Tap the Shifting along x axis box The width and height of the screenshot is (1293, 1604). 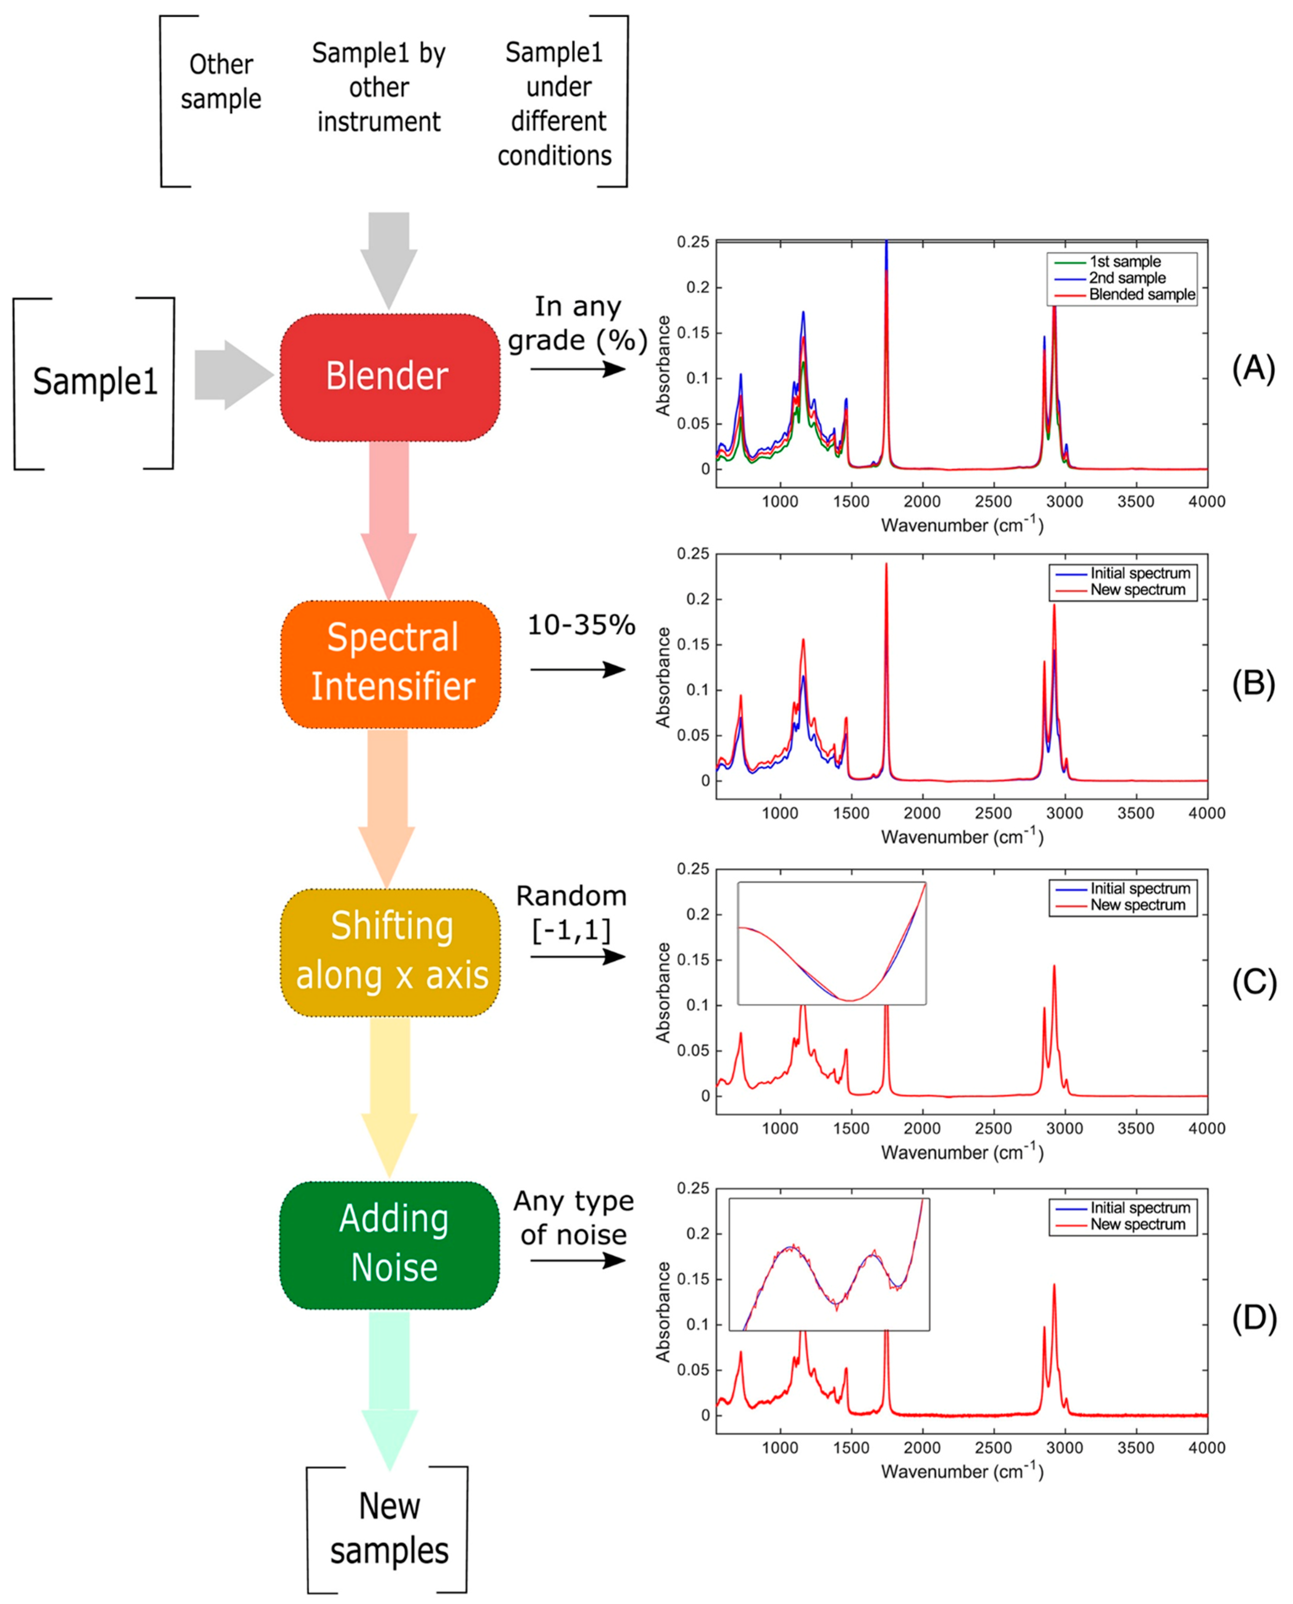(390, 952)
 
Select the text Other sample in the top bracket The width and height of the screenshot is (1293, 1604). (221, 82)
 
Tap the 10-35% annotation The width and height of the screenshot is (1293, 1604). (581, 625)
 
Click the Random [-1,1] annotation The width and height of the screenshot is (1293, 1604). (571, 913)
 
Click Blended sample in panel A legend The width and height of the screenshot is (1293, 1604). (1141, 295)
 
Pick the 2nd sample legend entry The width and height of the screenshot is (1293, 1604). (1127, 278)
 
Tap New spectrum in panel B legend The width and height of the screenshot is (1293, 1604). (1137, 590)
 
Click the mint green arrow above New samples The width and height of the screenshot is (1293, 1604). (389, 1401)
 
